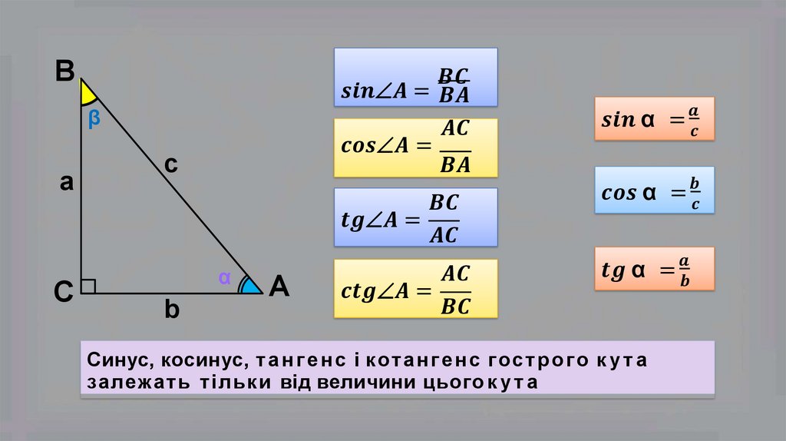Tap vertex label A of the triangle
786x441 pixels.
[x=278, y=287]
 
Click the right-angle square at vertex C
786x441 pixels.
[x=88, y=286]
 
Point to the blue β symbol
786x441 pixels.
[x=94, y=118]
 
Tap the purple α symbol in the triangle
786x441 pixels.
[x=224, y=278]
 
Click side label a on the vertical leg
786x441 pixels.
[x=67, y=183]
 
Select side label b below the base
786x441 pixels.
[x=171, y=310]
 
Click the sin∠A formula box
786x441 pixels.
[x=415, y=77]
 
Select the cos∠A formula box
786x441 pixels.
[x=415, y=148]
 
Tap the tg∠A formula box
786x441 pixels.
[x=415, y=218]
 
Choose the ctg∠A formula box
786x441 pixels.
[x=415, y=289]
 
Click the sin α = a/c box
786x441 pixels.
[x=654, y=118]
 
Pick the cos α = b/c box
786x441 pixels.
[x=654, y=190]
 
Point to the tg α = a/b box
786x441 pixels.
[x=654, y=269]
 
